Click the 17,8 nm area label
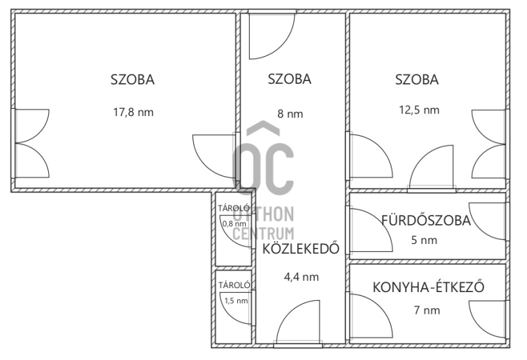[133, 111]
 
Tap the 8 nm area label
[290, 113]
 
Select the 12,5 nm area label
[419, 109]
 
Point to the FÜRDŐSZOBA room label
[426, 220]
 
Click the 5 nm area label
[424, 240]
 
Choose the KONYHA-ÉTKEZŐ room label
[429, 287]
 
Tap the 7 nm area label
[427, 309]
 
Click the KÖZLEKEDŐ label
[300, 249]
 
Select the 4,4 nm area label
[301, 276]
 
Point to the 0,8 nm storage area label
[234, 224]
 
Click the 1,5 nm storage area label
[236, 301]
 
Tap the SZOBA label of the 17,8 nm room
[132, 80]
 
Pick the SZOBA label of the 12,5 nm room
[417, 80]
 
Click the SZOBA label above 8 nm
[289, 79]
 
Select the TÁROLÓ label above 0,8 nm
[234, 208]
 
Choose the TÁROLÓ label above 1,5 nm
[235, 285]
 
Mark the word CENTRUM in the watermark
[263, 233]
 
